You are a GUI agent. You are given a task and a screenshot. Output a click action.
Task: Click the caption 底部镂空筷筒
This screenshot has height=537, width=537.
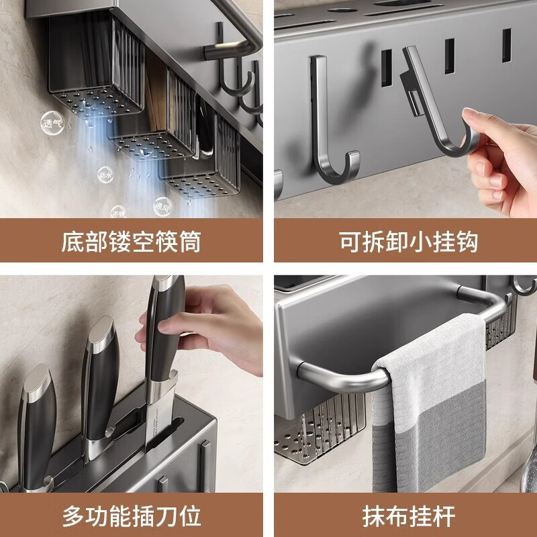(131, 241)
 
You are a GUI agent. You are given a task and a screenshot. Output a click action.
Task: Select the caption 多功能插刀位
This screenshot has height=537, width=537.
(131, 516)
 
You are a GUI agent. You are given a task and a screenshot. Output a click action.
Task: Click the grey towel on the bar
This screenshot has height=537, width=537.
(430, 416)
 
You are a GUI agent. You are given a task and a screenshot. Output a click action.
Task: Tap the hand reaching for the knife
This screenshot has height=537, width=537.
(215, 329)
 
